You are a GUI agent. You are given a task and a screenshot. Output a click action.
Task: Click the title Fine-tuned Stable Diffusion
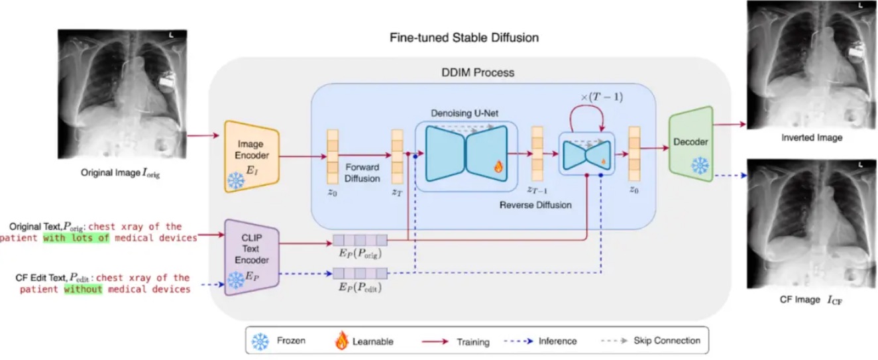click(464, 38)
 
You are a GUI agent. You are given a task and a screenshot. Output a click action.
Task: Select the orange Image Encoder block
click(252, 156)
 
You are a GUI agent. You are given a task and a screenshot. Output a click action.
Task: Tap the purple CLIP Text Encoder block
click(252, 257)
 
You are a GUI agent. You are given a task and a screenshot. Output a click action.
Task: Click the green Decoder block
click(690, 144)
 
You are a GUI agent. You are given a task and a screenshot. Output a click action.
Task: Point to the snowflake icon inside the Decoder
click(700, 166)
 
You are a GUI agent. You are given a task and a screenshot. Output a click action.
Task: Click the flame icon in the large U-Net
click(498, 166)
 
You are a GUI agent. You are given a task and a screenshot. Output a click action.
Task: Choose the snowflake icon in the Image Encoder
click(236, 180)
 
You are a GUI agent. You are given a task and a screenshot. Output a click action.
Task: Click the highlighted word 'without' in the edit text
click(83, 290)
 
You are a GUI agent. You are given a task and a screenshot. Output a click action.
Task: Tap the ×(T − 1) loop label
click(602, 97)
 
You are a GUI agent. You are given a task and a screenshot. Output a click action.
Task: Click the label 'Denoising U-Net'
click(465, 113)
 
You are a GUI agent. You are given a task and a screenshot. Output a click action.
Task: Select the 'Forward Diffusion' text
click(362, 173)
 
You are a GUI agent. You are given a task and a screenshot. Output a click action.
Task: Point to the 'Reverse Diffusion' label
click(535, 205)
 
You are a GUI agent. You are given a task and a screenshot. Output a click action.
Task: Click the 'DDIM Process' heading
click(478, 72)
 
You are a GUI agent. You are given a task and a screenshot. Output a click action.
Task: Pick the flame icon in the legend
click(341, 340)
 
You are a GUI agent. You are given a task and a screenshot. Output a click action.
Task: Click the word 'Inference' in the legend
click(557, 341)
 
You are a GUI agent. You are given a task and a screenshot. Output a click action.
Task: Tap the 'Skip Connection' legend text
click(667, 340)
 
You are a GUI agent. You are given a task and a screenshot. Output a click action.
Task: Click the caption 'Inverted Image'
click(812, 138)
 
